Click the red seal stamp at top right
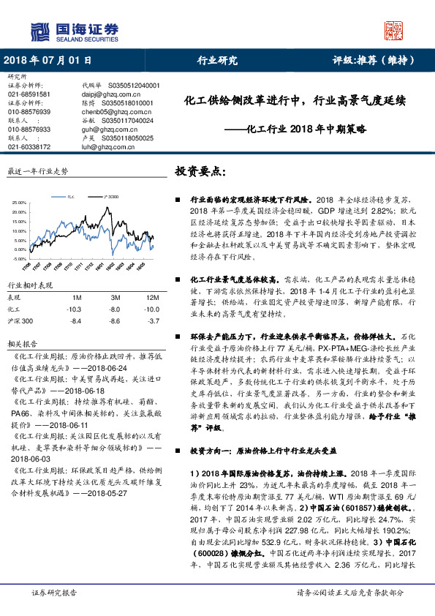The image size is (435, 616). (x=395, y=30)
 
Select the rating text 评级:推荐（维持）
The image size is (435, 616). (x=376, y=61)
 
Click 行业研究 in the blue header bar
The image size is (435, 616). (x=218, y=61)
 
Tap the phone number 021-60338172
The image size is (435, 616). (x=29, y=146)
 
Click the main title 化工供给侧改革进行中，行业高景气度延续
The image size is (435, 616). (x=295, y=101)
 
